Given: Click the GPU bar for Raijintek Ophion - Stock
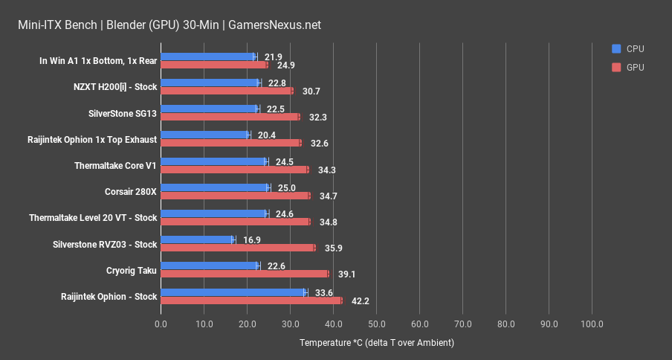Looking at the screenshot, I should tap(251, 300).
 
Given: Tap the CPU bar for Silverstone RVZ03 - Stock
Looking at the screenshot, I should tap(198, 240).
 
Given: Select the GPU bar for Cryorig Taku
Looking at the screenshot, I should tap(245, 274).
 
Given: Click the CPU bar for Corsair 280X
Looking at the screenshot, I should tap(215, 187).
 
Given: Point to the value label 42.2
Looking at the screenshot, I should tap(360, 301).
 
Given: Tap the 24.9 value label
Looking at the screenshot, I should tap(286, 65).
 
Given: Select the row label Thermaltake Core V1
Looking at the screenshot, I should tap(116, 166).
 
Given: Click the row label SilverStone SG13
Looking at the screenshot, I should tap(122, 113).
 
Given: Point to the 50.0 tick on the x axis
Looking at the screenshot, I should tap(376, 324).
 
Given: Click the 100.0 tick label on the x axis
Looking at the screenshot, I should tap(592, 324).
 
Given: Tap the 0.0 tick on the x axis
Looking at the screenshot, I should tap(161, 324).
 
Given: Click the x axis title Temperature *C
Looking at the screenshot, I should tap(376, 343).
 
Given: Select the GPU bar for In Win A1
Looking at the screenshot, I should tap(214, 65).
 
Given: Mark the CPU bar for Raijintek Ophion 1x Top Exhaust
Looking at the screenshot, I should tap(205, 135).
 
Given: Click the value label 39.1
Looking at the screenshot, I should tap(346, 274).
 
